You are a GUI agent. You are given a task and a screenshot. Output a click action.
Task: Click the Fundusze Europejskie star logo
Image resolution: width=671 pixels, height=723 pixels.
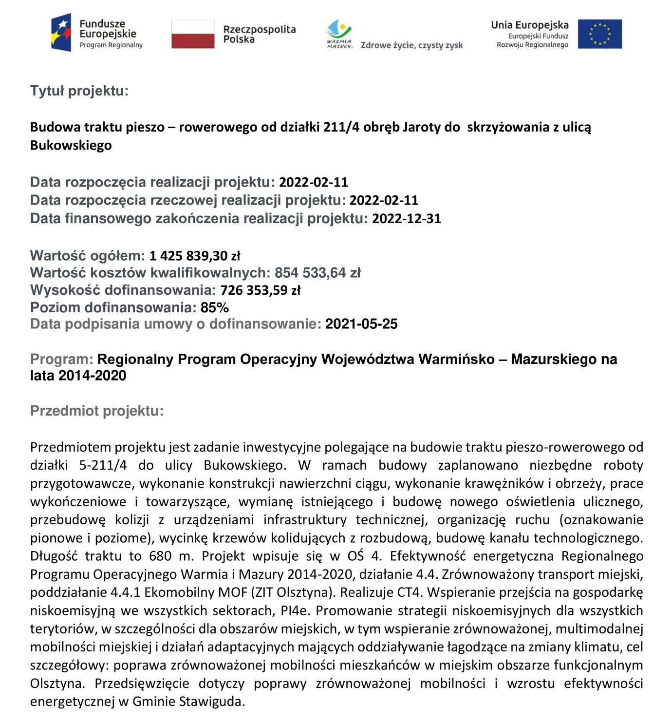coord(61,33)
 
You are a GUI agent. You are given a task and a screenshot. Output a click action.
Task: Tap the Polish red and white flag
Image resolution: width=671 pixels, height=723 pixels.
coord(193,34)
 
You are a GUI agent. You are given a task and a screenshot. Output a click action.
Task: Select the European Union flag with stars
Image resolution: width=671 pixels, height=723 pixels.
coord(599,34)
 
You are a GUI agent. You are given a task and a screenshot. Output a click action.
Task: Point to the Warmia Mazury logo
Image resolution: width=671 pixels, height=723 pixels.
coord(339,34)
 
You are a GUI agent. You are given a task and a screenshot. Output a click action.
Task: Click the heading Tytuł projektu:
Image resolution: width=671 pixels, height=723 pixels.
coord(79,91)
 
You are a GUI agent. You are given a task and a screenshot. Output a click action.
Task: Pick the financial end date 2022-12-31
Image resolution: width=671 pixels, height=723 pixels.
coord(407,218)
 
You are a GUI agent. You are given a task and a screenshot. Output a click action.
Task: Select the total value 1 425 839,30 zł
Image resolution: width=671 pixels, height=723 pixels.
coord(195,255)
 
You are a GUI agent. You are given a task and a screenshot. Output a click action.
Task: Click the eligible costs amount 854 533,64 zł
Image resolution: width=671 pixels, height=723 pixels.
coord(317,272)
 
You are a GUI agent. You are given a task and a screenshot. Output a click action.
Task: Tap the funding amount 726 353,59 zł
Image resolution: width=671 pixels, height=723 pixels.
coord(261,290)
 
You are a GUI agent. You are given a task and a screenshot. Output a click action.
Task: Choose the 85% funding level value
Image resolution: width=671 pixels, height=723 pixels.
coord(215,307)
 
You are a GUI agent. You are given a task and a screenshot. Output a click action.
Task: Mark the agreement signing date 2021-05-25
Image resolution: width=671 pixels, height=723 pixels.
coord(361,324)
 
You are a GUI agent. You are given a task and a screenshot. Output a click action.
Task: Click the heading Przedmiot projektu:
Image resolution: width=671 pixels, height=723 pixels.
coord(97,411)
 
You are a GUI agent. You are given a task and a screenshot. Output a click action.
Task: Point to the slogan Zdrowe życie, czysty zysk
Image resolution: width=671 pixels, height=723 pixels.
coord(411,45)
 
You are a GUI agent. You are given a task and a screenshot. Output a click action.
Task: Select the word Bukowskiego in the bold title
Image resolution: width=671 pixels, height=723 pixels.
coord(71,145)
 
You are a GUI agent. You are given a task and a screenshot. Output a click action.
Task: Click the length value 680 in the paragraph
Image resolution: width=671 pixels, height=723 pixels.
coord(160,556)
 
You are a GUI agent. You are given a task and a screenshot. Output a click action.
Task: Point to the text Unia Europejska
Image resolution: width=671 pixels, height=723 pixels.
coord(529,25)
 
